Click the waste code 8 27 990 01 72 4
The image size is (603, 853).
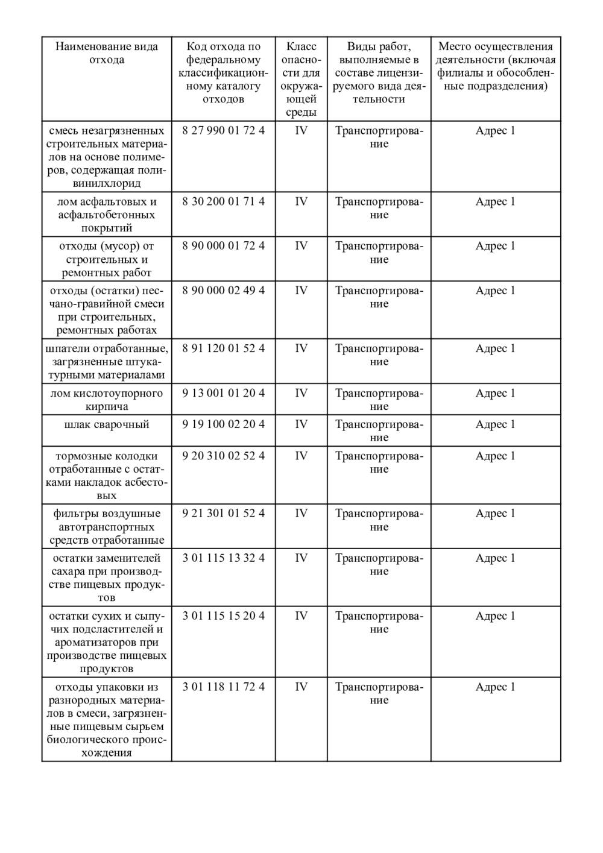(223, 131)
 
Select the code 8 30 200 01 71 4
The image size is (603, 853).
(223, 201)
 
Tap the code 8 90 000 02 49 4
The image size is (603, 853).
(223, 291)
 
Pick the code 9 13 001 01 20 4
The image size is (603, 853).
(223, 393)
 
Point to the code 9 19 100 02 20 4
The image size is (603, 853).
(223, 424)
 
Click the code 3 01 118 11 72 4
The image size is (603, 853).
(223, 687)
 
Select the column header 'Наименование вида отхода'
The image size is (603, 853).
(107, 53)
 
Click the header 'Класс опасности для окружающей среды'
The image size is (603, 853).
(301, 79)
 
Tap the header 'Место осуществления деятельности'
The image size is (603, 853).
(496, 66)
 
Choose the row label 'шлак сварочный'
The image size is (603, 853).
(107, 424)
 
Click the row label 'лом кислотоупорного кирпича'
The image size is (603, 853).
(107, 400)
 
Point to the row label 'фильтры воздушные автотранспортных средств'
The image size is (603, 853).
(107, 527)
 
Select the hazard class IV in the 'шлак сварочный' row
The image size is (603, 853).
(301, 424)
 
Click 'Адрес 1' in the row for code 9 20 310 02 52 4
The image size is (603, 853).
(496, 456)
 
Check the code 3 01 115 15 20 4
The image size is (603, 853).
(223, 615)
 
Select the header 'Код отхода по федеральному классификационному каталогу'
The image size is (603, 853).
(223, 72)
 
